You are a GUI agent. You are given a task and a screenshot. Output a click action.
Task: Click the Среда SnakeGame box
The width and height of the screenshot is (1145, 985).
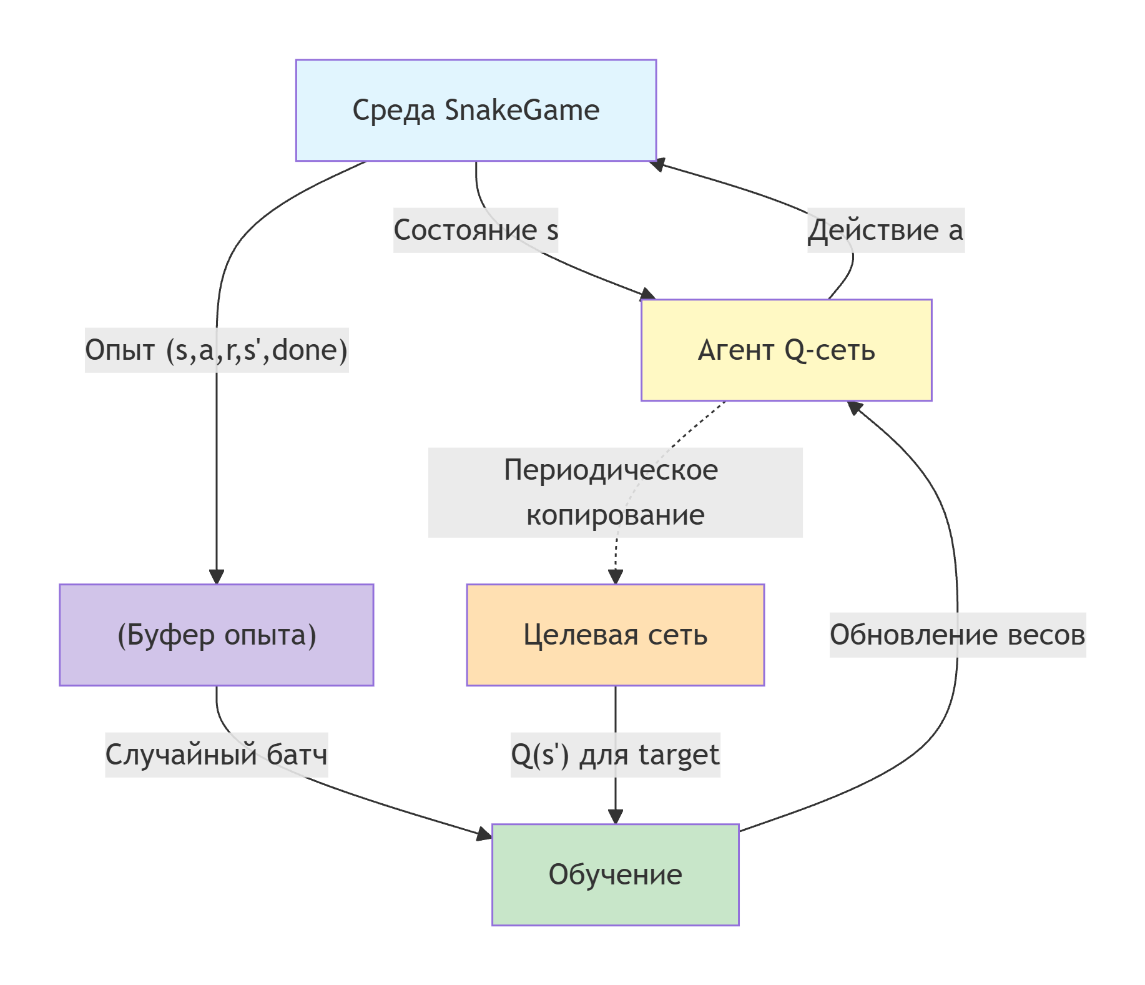tap(476, 110)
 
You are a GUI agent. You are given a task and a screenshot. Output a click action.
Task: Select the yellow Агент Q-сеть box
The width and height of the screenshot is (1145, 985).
tap(786, 350)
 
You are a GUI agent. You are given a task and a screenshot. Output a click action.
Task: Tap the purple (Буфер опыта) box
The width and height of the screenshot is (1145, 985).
tap(216, 635)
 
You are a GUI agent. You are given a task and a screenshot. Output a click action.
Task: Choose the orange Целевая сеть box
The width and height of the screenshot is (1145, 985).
tap(615, 635)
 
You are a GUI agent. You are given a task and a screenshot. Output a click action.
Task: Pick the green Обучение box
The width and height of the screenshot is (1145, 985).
tap(615, 874)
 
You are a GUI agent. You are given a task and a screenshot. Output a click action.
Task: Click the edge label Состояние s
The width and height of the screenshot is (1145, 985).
tap(475, 230)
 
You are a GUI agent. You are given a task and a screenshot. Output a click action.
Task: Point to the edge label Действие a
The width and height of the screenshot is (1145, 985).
tap(885, 230)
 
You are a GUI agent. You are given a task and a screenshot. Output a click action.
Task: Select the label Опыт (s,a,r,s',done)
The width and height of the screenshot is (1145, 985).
tap(216, 350)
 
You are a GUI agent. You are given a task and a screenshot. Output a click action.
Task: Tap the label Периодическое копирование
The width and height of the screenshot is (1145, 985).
tap(615, 492)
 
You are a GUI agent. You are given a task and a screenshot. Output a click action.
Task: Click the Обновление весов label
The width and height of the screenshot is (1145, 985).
tap(957, 635)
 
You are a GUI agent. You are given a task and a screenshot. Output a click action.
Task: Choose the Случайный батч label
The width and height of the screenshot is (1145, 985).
tap(216, 755)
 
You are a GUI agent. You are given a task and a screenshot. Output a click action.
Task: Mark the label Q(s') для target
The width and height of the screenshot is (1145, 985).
tap(615, 755)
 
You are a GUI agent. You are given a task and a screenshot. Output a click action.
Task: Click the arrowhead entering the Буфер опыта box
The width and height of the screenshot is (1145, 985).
tap(217, 577)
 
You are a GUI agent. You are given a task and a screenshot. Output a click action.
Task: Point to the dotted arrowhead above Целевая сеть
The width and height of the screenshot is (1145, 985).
tap(616, 577)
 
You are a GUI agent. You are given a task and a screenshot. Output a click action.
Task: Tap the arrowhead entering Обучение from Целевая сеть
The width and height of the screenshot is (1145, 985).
tap(616, 816)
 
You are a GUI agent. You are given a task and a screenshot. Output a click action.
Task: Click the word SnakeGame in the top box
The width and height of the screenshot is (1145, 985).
tap(522, 110)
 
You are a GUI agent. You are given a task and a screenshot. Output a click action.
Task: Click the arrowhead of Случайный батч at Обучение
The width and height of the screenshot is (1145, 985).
tap(484, 833)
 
